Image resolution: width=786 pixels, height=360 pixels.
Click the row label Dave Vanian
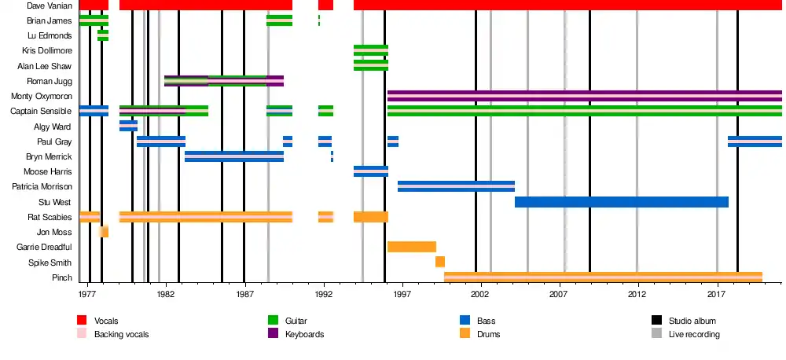click(x=50, y=6)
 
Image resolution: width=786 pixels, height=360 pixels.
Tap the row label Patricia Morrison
click(x=42, y=186)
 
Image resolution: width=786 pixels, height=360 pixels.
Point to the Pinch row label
click(x=62, y=277)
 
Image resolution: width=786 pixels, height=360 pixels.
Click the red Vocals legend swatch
click(x=82, y=321)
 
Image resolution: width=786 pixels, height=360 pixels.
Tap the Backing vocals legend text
click(x=121, y=334)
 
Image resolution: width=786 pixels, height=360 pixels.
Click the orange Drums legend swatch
click(x=465, y=334)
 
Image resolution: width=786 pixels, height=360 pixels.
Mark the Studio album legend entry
click(x=692, y=321)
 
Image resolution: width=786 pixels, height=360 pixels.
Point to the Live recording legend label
click(x=694, y=334)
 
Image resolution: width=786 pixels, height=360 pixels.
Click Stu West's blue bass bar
click(x=621, y=202)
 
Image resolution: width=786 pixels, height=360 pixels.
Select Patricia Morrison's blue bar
click(x=456, y=186)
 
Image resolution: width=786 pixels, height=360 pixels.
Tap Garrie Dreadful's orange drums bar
click(x=411, y=247)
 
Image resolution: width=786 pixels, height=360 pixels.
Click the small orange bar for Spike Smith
click(x=440, y=262)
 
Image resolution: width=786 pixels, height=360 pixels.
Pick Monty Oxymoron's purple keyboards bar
click(x=584, y=96)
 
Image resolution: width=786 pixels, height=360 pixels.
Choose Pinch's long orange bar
click(x=603, y=277)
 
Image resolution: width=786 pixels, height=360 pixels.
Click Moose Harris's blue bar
click(x=370, y=171)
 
